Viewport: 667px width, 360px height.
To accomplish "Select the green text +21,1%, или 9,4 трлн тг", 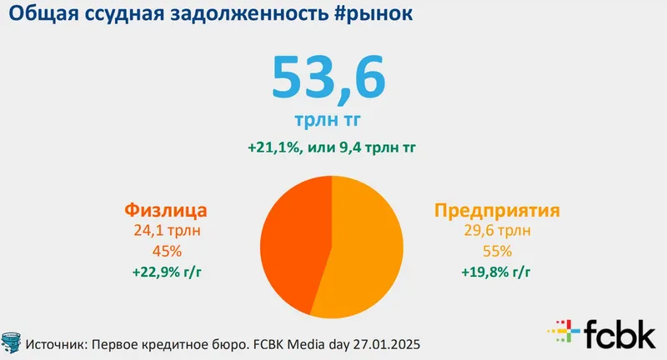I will pos(331,148).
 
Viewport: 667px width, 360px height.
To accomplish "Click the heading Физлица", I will pos(164,210).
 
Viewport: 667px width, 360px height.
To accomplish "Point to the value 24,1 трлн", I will pos(164,231).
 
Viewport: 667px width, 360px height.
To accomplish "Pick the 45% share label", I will pos(164,251).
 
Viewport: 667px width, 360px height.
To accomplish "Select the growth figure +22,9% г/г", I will pos(164,271).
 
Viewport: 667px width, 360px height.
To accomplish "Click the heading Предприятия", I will pos(496,210).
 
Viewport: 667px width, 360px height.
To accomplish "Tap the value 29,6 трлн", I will pos(496,231).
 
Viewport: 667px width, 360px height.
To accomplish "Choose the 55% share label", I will pos(496,251).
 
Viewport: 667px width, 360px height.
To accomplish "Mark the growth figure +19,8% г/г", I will pos(496,271).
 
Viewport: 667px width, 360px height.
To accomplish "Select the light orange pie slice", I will pos(367,250).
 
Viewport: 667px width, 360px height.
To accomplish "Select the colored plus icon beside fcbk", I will pos(563,332).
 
